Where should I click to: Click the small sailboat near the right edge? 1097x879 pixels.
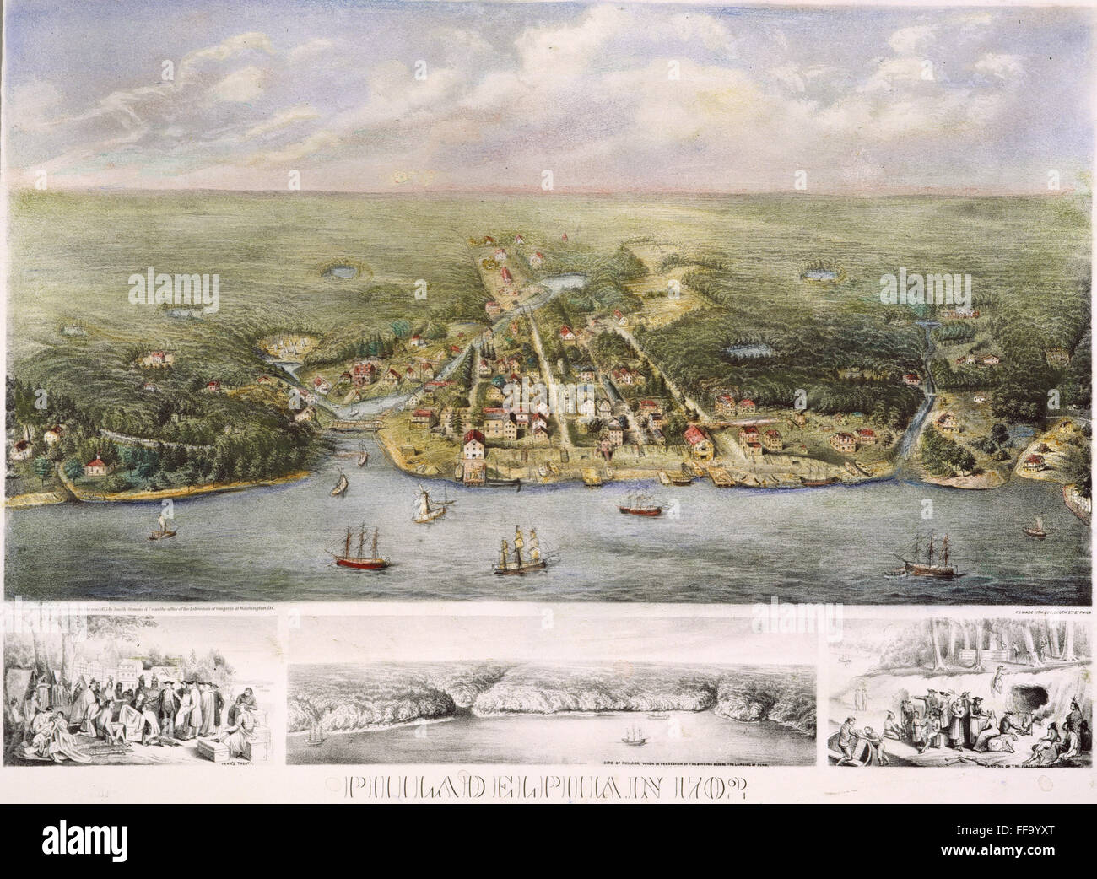tap(1031, 528)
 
